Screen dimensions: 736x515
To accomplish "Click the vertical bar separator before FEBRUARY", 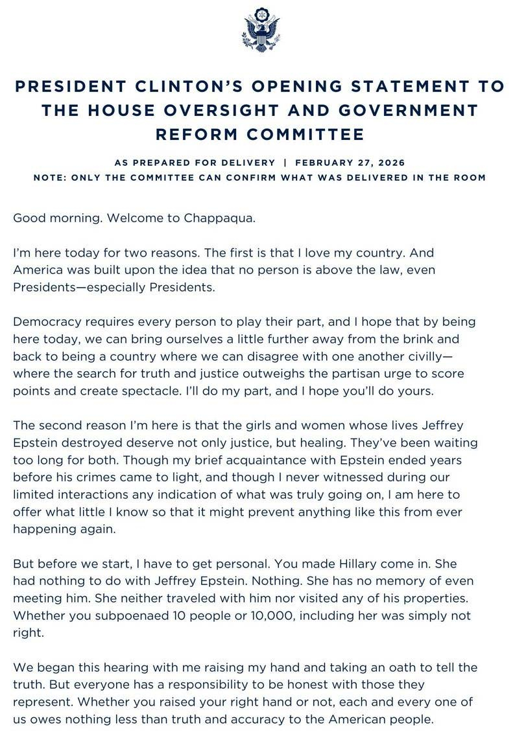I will (x=284, y=163).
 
